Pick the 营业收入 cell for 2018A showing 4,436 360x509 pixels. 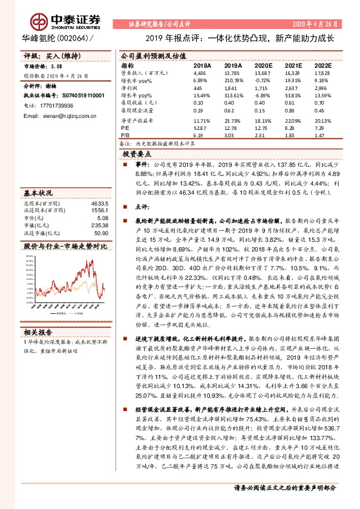coord(200,72)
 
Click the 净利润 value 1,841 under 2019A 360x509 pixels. coord(231,87)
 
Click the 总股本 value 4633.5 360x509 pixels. coord(100,204)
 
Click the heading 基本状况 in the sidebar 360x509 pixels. coord(39,193)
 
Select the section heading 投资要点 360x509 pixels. coord(142,154)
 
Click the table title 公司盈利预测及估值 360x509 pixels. coord(152,54)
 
